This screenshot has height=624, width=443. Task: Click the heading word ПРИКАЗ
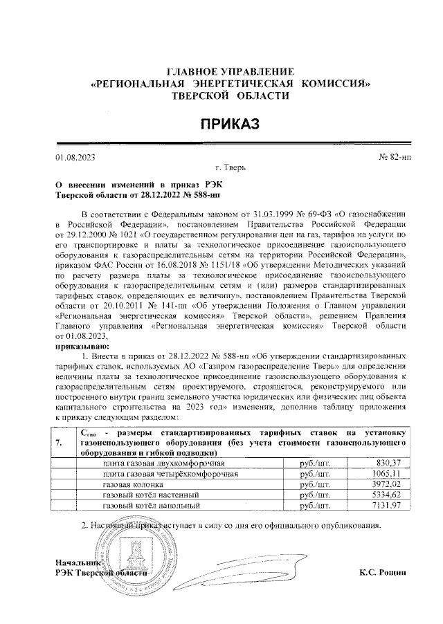pyautogui.click(x=229, y=124)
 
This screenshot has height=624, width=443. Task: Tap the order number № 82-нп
pyautogui.click(x=391, y=158)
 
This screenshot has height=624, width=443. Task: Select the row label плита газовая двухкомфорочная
pyautogui.click(x=162, y=462)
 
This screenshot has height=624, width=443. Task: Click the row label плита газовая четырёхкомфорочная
pyautogui.click(x=170, y=473)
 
